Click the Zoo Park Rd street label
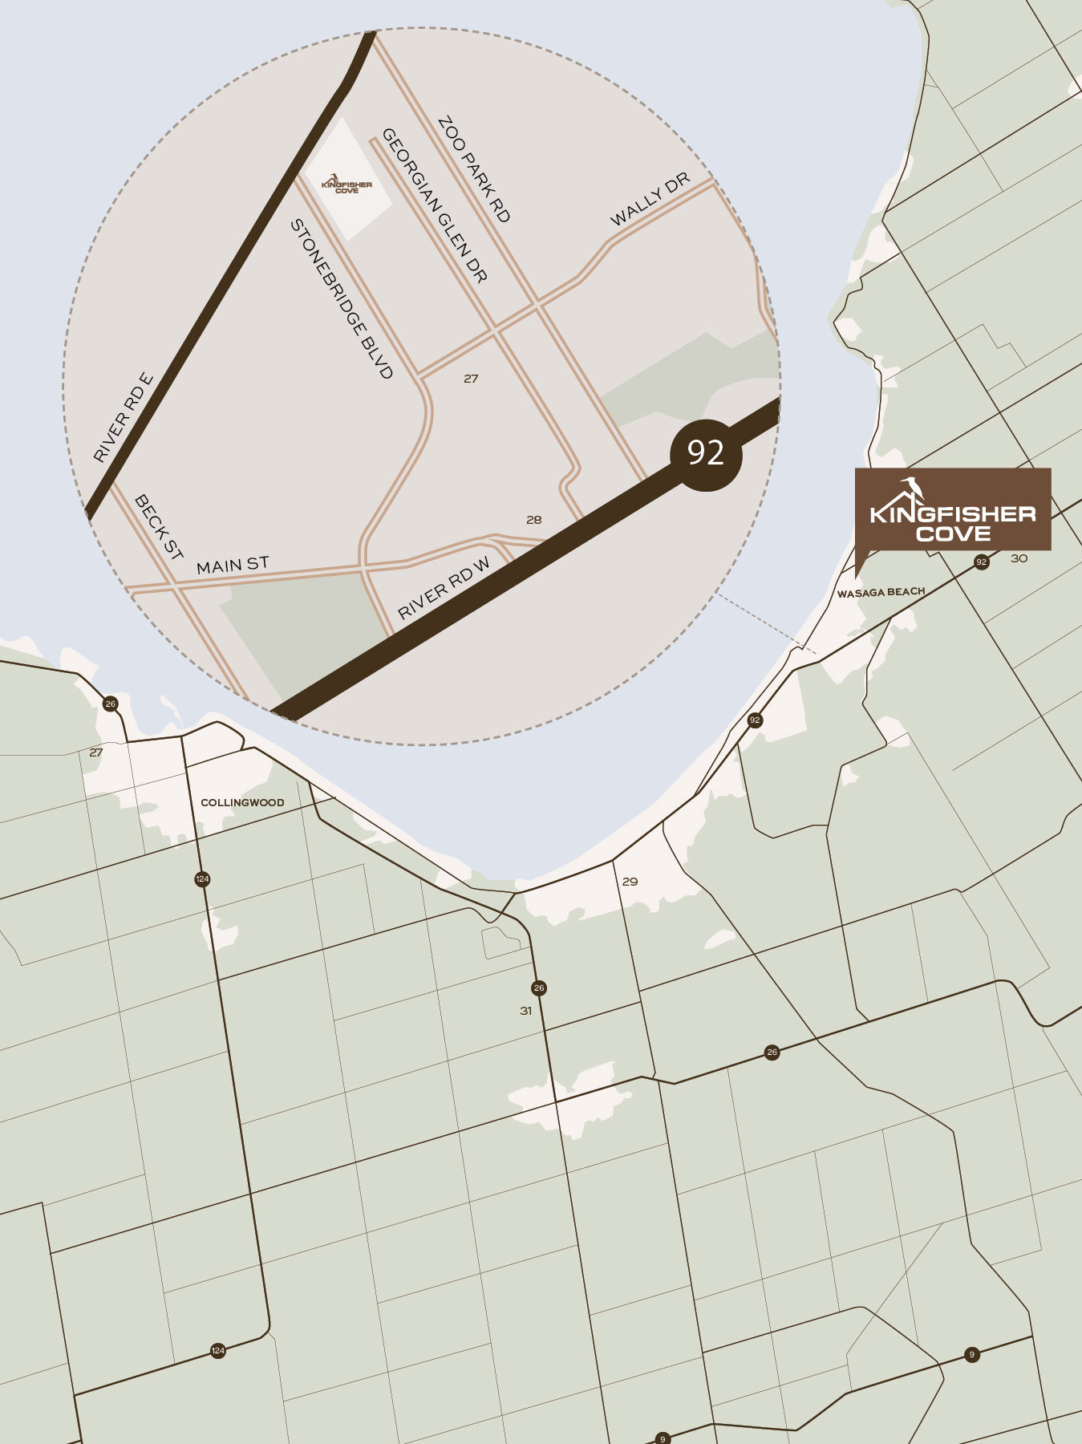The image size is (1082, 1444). pyautogui.click(x=474, y=169)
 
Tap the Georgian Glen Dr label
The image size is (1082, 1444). pyautogui.click(x=434, y=205)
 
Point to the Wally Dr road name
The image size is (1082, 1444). pyautogui.click(x=650, y=200)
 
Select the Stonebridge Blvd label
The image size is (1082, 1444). pyautogui.click(x=342, y=298)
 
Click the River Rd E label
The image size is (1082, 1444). pyautogui.click(x=123, y=418)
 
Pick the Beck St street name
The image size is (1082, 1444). pyautogui.click(x=159, y=527)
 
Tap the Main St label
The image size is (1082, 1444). pyautogui.click(x=233, y=565)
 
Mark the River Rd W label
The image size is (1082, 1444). pyautogui.click(x=444, y=589)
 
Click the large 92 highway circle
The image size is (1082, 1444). pyautogui.click(x=706, y=453)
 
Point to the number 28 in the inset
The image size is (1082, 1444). pyautogui.click(x=534, y=520)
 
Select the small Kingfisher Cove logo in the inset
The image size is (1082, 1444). pyautogui.click(x=346, y=185)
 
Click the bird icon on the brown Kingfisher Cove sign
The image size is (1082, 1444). pyautogui.click(x=912, y=488)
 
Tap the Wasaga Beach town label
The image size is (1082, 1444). pyautogui.click(x=881, y=593)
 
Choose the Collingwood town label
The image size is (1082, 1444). pyautogui.click(x=242, y=802)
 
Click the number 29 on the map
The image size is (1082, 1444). pyautogui.click(x=630, y=882)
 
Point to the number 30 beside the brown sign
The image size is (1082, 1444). pyautogui.click(x=1019, y=558)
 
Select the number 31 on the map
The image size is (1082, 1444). pyautogui.click(x=526, y=1011)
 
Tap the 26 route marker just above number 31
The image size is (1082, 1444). pyautogui.click(x=539, y=988)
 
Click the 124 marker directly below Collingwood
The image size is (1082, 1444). pyautogui.click(x=202, y=879)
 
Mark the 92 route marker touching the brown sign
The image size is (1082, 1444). pyautogui.click(x=982, y=562)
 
